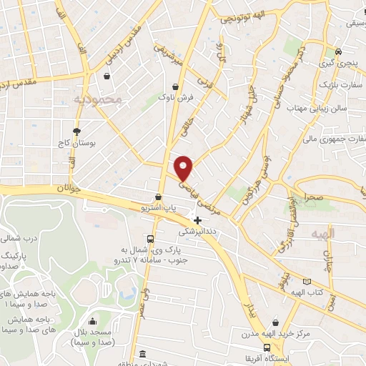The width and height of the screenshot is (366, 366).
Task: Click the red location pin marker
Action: point(184,168)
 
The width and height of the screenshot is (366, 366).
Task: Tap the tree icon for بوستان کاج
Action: point(76,131)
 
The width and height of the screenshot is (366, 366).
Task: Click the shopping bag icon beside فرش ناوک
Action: point(175,86)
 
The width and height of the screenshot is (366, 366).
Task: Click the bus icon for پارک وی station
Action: point(149,239)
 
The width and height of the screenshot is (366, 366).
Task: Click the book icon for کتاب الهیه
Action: point(308,282)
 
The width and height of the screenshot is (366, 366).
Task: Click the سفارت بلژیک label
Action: point(340,84)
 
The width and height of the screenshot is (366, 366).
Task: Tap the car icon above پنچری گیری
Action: point(338,52)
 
